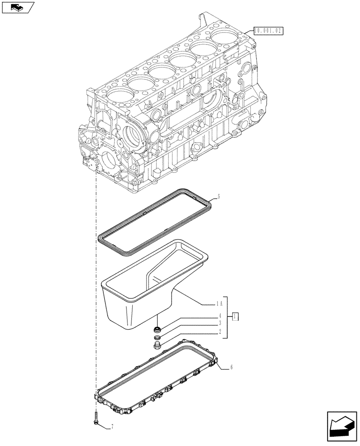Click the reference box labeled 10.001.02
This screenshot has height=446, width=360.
click(268, 31)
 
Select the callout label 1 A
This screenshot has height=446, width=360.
click(218, 304)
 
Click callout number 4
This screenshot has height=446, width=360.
click(220, 315)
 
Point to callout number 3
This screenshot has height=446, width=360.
click(220, 322)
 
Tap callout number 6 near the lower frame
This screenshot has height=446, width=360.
click(232, 368)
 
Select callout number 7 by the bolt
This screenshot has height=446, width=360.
click(112, 427)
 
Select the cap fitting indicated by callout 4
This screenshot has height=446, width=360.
click(156, 330)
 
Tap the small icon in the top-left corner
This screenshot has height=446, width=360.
click(17, 7)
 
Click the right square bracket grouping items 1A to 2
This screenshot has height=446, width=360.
click(226, 317)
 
